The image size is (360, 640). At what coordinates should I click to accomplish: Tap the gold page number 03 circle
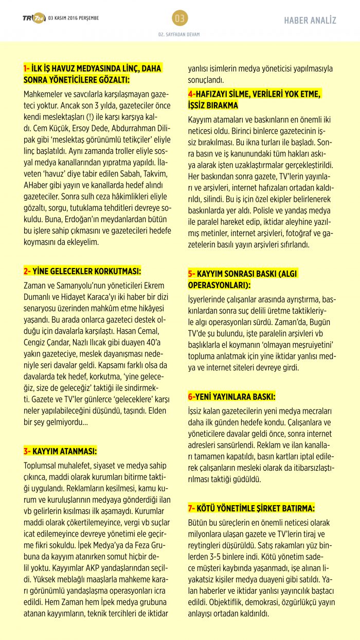click(x=179, y=19)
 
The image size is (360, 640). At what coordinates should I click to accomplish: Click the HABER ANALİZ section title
click(x=310, y=21)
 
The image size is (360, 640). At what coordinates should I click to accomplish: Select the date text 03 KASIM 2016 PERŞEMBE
click(x=74, y=18)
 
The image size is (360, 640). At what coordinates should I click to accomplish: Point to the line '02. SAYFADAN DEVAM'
click(x=179, y=34)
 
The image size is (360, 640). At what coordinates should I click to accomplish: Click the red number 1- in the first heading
click(x=27, y=68)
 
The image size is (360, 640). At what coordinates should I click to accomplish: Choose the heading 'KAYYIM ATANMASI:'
click(x=65, y=451)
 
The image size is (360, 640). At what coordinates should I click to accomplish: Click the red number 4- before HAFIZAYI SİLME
click(x=191, y=94)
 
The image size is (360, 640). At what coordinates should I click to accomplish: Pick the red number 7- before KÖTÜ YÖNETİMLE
click(x=191, y=508)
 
